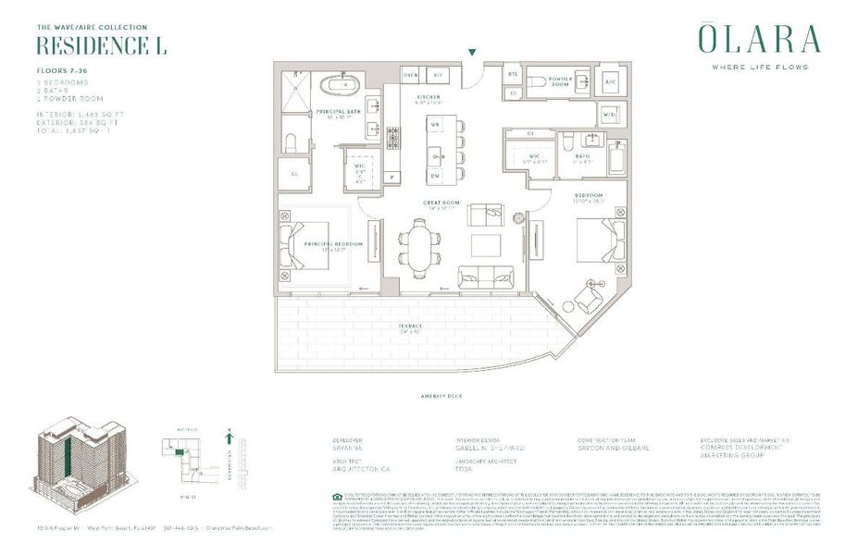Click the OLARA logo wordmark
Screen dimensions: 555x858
(758, 40)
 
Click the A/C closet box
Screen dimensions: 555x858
(610, 82)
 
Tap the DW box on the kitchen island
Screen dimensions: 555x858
(435, 175)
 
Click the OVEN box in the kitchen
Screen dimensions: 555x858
(412, 75)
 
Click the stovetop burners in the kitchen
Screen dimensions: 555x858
(392, 139)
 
